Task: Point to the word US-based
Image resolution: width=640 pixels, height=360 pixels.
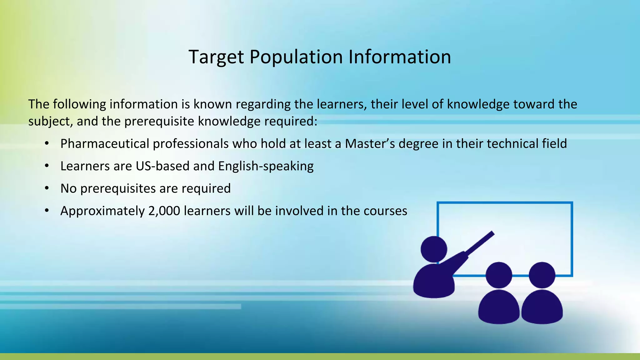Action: pos(162,166)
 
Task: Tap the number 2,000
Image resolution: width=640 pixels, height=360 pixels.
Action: pos(164,211)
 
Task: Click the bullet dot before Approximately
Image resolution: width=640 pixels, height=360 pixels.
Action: pos(47,211)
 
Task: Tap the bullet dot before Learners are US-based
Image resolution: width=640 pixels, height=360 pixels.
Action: pos(47,166)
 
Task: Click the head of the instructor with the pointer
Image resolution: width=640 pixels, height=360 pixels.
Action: pos(434,249)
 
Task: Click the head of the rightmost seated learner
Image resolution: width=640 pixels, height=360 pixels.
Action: pos(542,275)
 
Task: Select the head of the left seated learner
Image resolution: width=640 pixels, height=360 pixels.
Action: pos(499,275)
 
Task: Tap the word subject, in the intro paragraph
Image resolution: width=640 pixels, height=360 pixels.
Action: pos(51,122)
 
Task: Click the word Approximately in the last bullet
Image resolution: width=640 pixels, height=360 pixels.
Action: pos(102,211)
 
